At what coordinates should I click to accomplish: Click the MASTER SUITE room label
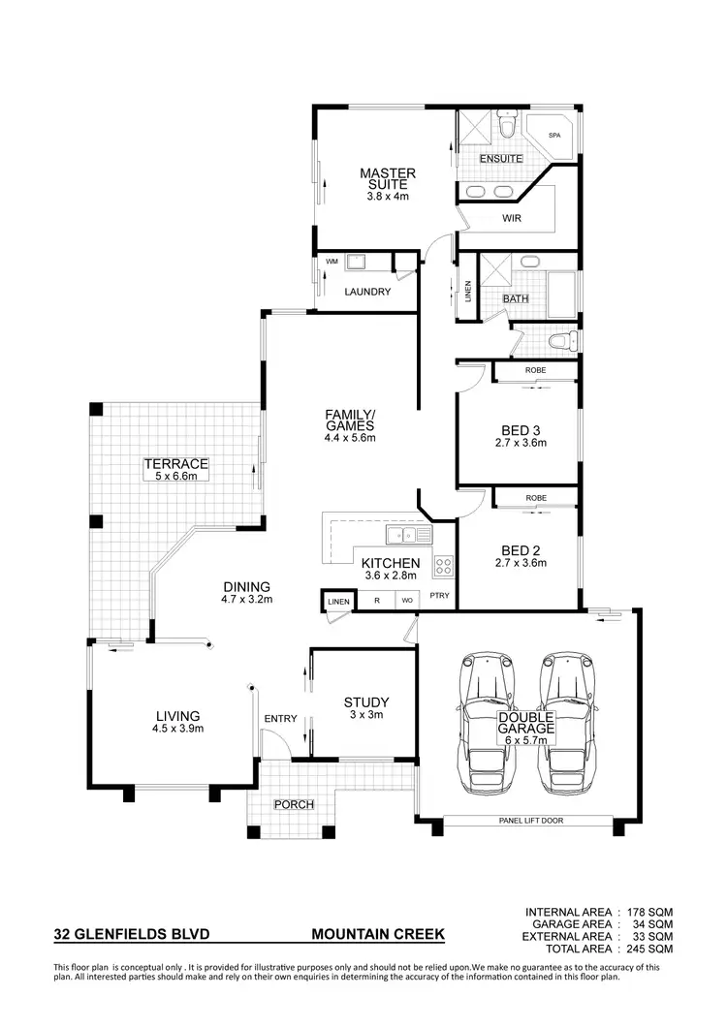pos(388,179)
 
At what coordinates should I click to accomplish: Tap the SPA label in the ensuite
pos(555,137)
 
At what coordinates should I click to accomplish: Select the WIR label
pos(512,218)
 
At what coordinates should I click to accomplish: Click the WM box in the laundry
pos(332,261)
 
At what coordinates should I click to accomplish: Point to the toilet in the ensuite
pos(507,126)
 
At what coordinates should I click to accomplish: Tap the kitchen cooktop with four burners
pos(444,565)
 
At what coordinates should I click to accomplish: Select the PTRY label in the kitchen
pos(439,596)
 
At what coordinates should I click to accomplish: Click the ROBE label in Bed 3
pos(535,370)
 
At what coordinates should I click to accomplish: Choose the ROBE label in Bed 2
pos(535,498)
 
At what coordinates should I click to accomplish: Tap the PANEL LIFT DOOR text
pos(528,821)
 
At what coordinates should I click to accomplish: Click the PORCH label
pos(293,804)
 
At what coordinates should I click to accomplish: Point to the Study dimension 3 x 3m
pos(366,715)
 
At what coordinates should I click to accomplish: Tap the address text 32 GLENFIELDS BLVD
pos(131,935)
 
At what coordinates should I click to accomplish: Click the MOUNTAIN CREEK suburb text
pos(378,935)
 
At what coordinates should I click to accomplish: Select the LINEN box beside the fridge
pos(338,602)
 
